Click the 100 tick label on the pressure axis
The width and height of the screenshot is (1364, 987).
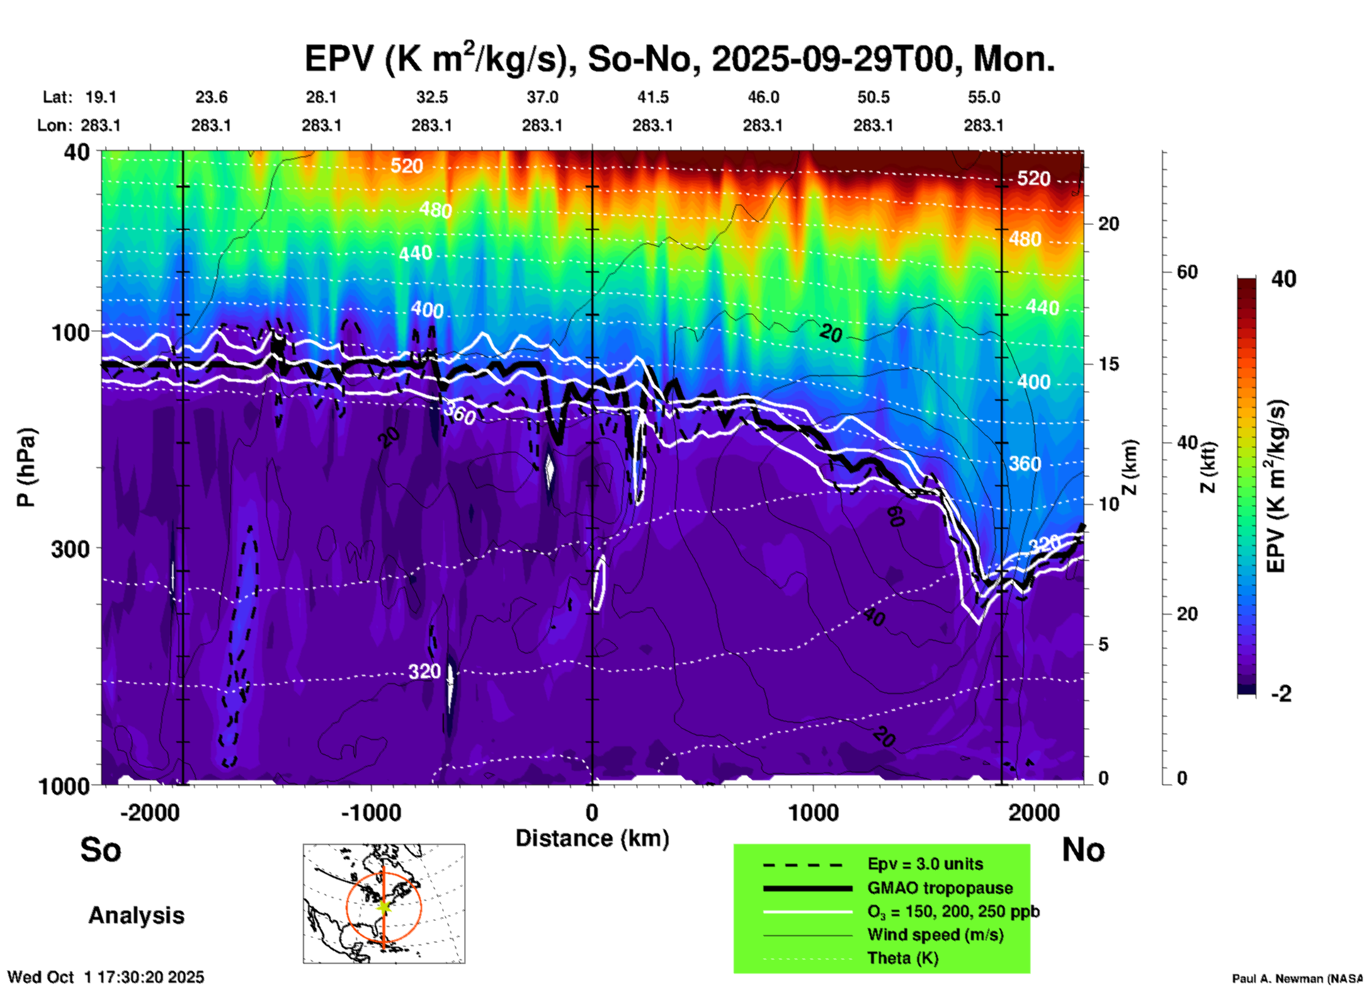point(71,332)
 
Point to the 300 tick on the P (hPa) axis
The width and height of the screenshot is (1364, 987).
point(71,549)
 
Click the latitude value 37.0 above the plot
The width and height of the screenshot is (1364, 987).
point(542,97)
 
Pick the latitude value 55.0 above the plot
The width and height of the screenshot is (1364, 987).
point(984,97)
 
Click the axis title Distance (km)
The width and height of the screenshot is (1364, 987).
point(592,838)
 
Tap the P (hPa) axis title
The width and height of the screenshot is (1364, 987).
point(25,467)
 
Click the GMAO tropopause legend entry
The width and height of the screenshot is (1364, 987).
point(940,888)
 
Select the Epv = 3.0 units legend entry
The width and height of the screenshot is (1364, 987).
point(925,864)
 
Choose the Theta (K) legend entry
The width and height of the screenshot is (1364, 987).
point(902,958)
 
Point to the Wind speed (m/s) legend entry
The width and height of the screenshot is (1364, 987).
point(935,935)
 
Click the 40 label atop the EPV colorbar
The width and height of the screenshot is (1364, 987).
point(1283,279)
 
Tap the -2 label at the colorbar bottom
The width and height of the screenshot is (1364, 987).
point(1281,694)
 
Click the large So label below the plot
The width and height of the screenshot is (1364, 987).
point(101,850)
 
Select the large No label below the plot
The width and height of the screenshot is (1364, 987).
point(1083,850)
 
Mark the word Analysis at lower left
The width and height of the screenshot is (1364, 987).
point(136,915)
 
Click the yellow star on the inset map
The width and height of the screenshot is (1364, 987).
point(384,906)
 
